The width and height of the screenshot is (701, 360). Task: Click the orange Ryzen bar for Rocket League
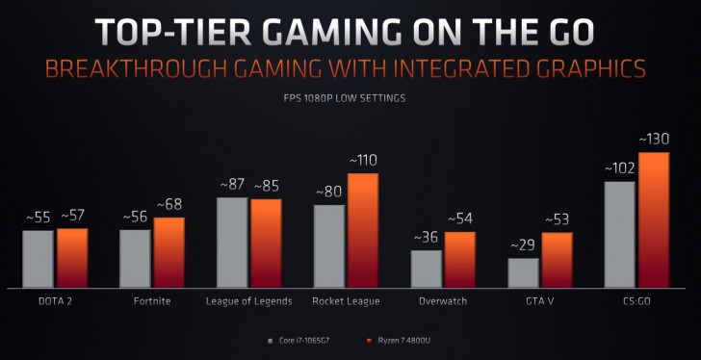coord(363,231)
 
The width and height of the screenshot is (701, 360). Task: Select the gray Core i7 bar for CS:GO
coord(619,234)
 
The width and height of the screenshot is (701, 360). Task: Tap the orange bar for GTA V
coord(557,260)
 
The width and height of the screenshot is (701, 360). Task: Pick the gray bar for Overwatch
coord(426,269)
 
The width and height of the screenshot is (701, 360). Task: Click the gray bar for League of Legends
coord(232,243)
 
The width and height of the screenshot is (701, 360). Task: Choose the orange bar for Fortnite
coord(169,252)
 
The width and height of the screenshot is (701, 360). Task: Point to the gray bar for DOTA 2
coord(38,259)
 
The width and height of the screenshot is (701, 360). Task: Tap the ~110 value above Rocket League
coord(363,160)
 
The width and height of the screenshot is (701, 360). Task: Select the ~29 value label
coord(523,244)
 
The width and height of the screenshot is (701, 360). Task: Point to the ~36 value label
coord(426,237)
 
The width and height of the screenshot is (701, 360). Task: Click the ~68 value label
coord(169,204)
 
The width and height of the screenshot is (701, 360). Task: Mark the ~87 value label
coord(232,184)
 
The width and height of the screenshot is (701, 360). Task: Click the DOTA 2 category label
coord(54,301)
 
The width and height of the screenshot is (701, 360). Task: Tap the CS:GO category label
coord(636,301)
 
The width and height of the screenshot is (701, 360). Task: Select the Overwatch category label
coord(443,301)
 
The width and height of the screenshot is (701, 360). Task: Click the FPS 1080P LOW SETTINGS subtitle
coord(350,98)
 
